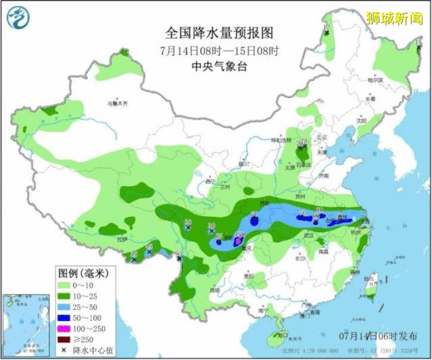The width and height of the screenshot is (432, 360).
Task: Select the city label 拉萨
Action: pyautogui.click(x=122, y=239)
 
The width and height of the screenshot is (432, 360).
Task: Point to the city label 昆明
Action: pyautogui.click(x=214, y=290)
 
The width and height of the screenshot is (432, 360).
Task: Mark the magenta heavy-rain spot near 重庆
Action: pyautogui.click(x=237, y=240)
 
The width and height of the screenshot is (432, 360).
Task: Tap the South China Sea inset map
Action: pyautogui.click(x=24, y=325)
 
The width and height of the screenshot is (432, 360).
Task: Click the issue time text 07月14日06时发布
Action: pyautogui.click(x=377, y=336)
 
